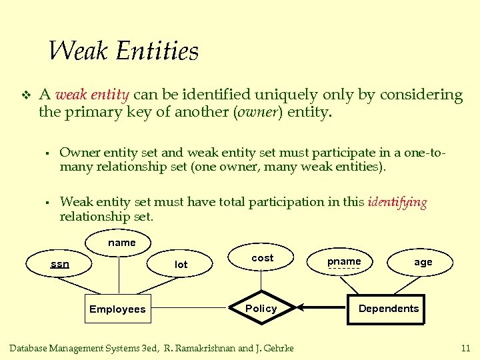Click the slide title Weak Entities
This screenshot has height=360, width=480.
(x=123, y=51)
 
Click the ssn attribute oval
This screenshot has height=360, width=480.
(x=60, y=264)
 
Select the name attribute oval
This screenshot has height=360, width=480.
(x=121, y=243)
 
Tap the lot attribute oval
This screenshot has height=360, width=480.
(x=181, y=265)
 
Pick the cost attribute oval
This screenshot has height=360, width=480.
(x=262, y=258)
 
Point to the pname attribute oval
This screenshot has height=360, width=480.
(x=344, y=261)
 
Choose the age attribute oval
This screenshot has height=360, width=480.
(x=423, y=262)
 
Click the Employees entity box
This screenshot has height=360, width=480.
(x=117, y=309)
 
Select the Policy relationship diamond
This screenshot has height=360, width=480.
(x=261, y=308)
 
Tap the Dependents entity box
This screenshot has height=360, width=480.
(x=389, y=308)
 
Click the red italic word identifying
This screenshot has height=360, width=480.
(x=397, y=203)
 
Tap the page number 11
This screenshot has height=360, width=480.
(x=465, y=348)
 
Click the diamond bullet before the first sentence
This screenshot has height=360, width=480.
(x=25, y=95)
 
